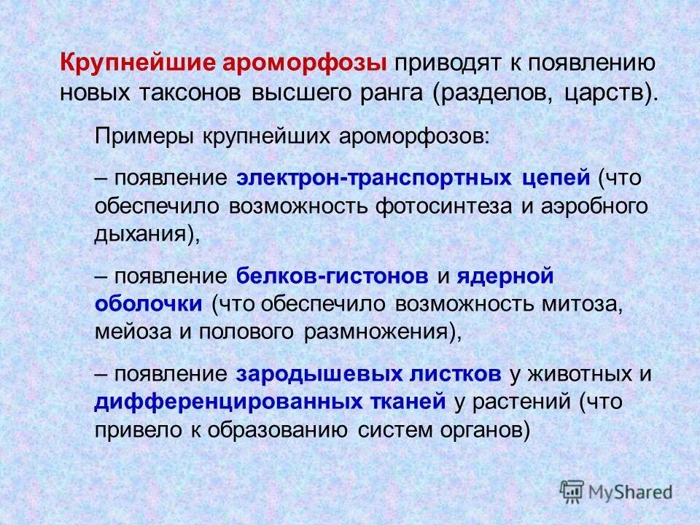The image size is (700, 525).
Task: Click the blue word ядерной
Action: point(507,276)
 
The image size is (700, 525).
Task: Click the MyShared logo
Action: point(617,491)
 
